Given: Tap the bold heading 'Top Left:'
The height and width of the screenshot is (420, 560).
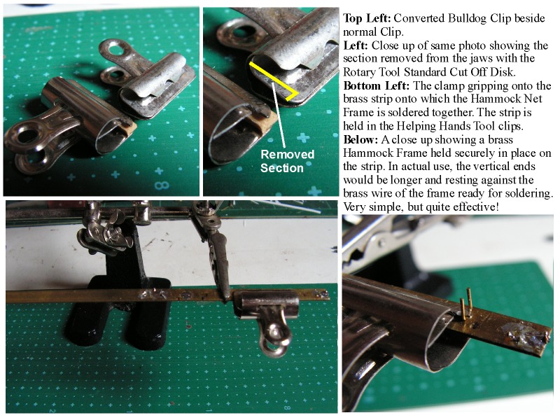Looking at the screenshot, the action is tap(367, 18).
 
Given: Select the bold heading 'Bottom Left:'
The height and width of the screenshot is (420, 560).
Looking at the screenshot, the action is tap(376, 85).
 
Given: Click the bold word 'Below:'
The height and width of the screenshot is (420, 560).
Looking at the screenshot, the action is tap(360, 139).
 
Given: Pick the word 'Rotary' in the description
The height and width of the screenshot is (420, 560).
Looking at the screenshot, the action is tap(359, 72).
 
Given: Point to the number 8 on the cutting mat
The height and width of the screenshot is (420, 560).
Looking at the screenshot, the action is tap(162, 185).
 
